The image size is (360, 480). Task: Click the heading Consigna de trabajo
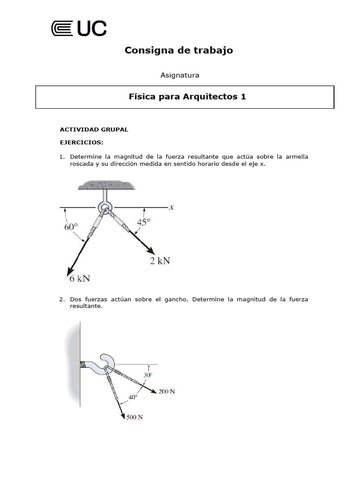point(179,50)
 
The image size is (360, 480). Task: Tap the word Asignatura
point(180,75)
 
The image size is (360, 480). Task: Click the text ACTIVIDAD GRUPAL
point(94,129)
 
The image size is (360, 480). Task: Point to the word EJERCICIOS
point(81,142)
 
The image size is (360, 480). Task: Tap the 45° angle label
point(143,222)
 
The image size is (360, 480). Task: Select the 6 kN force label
point(80,278)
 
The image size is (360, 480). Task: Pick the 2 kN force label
point(160,261)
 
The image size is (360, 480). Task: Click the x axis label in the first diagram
point(172,206)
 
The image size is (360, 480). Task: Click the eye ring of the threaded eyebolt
point(105,207)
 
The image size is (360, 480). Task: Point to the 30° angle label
point(148,375)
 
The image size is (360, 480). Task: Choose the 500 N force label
point(135,417)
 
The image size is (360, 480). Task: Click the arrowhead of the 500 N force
point(123,415)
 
